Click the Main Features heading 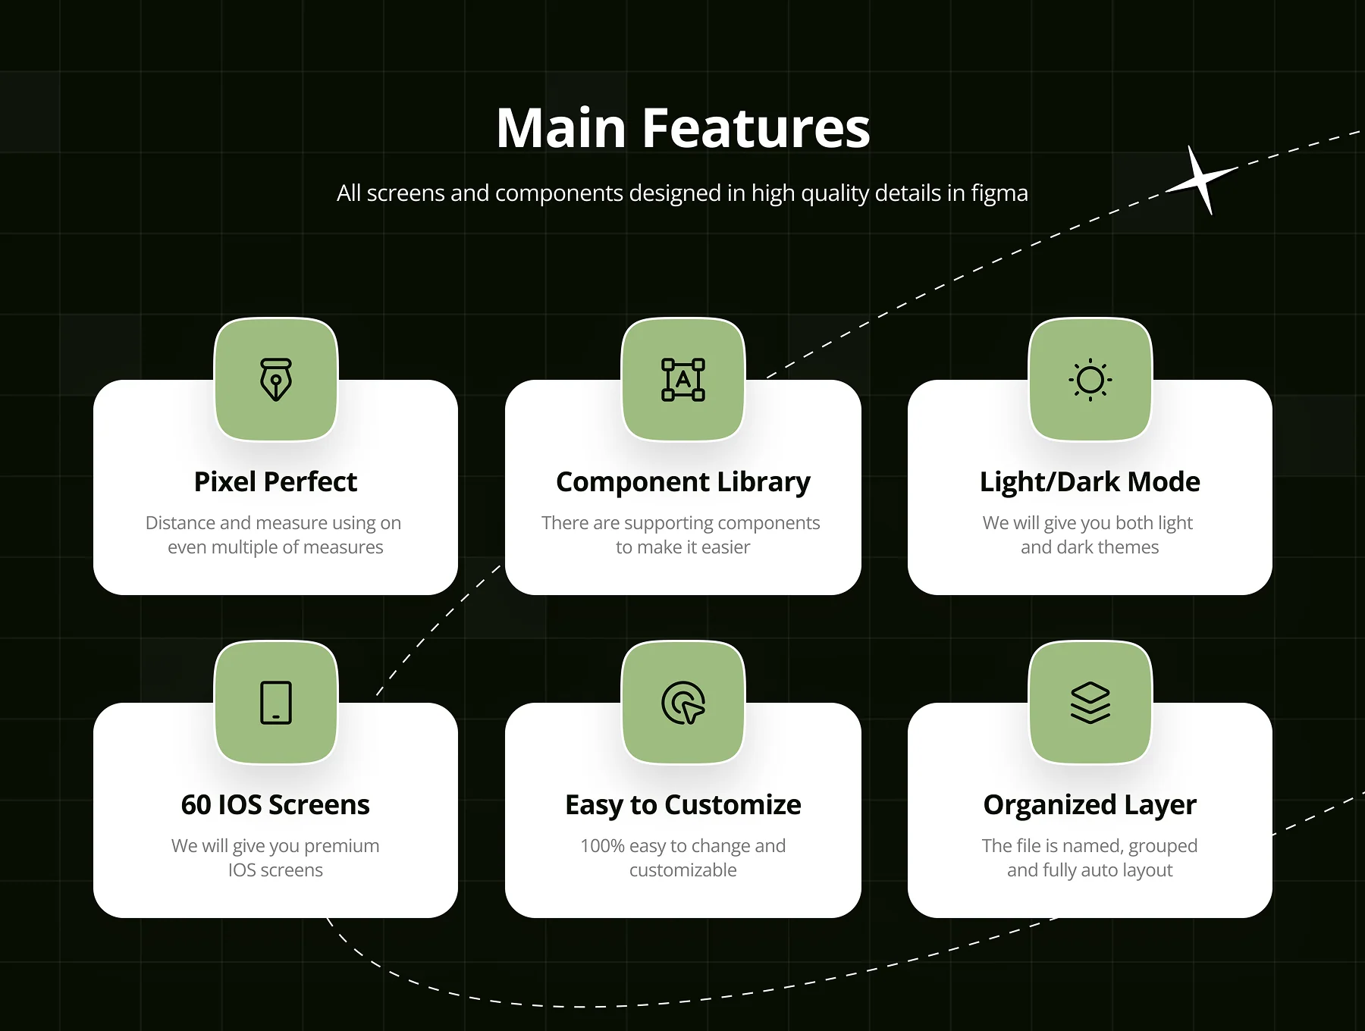tap(682, 127)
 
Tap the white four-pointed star tap(1201, 181)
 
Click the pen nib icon tap(276, 380)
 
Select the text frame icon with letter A tap(683, 380)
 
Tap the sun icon tap(1090, 380)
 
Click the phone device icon tap(276, 703)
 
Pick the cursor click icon tap(683, 703)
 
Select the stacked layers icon tap(1090, 703)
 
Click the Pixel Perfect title tap(275, 482)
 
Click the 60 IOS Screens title tap(275, 805)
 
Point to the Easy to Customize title tap(683, 805)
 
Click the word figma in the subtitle tap(999, 194)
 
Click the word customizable tap(683, 870)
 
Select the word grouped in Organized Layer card tap(1163, 847)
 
